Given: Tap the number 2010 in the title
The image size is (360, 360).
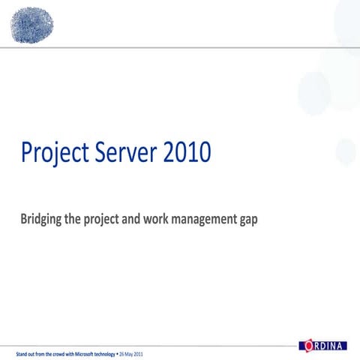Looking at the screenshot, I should (187, 153).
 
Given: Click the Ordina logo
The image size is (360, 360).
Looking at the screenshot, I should (322, 345).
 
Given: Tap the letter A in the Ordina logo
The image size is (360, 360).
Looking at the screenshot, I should (341, 346).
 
